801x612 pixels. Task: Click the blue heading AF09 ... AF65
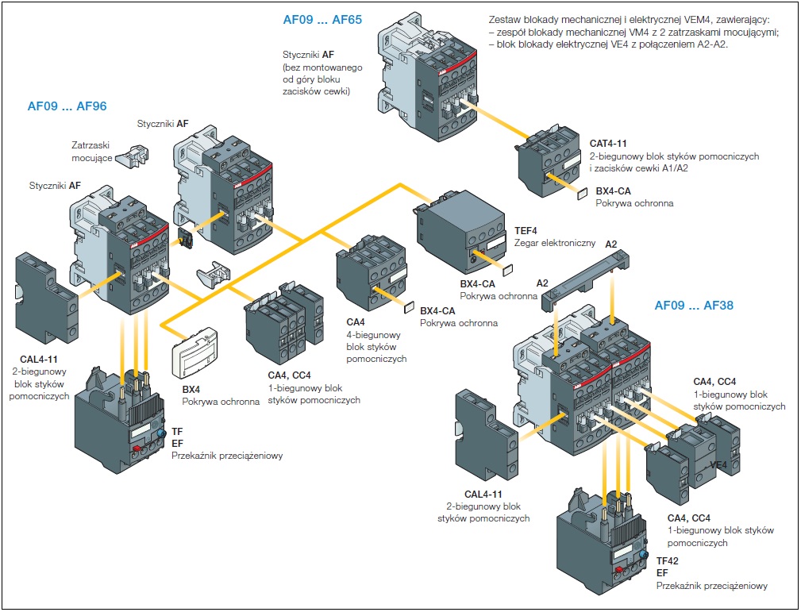tap(322, 20)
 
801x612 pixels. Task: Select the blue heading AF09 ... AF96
tap(67, 106)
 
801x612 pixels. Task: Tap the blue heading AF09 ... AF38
tap(694, 305)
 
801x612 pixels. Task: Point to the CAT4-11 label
tap(608, 144)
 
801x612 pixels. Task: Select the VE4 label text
tap(718, 464)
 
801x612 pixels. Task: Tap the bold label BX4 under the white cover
tap(191, 390)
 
